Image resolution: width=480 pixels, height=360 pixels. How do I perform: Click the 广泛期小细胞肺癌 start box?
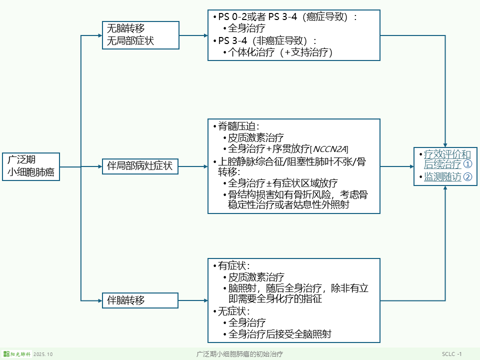(x=31, y=166)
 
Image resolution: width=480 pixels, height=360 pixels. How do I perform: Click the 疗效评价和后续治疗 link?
(x=447, y=159)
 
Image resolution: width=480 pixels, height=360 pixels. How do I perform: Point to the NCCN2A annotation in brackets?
(x=330, y=149)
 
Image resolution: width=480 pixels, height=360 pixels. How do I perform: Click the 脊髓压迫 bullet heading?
(x=238, y=126)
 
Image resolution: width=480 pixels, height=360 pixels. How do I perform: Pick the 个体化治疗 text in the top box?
(x=251, y=51)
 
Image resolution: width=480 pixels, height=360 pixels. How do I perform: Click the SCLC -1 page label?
(x=451, y=354)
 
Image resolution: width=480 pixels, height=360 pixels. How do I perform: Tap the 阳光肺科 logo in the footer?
(x=17, y=354)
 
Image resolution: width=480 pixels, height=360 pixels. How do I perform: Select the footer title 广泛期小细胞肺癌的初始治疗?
(x=239, y=354)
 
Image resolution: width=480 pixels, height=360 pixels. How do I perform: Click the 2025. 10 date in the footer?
(x=43, y=354)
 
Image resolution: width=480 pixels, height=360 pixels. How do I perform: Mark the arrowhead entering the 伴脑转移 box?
(x=98, y=300)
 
